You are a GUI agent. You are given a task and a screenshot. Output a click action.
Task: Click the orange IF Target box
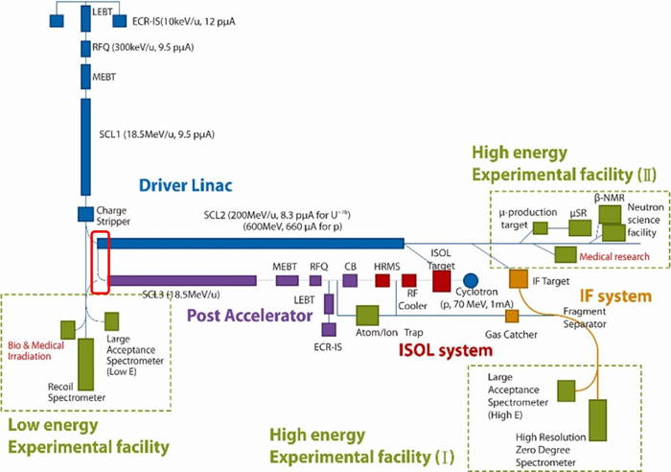[x=518, y=278]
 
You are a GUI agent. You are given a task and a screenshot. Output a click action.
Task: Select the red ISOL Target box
[x=441, y=280]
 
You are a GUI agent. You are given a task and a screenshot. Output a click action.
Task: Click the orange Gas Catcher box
[x=512, y=317]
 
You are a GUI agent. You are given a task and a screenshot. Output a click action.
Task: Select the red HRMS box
[x=382, y=280]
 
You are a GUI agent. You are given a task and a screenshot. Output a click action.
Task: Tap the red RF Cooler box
[x=409, y=280]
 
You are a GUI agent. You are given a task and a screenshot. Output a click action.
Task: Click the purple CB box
[x=350, y=280]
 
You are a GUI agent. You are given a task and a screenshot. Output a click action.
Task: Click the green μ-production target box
[x=541, y=227]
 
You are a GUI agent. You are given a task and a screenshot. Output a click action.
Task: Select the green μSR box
[x=578, y=227]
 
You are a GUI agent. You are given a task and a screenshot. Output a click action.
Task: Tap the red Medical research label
[x=612, y=256]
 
